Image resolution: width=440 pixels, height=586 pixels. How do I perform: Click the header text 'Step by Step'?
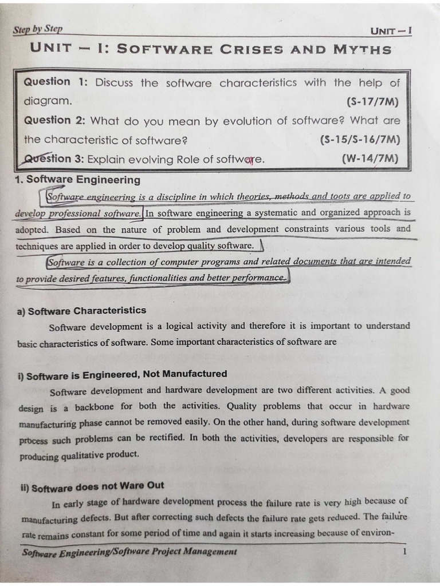click(38, 29)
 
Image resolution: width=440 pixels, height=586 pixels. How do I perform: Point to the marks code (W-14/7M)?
click(370, 159)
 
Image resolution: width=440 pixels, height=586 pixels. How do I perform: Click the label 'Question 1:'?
click(56, 82)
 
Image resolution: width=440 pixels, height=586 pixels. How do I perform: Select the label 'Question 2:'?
click(54, 120)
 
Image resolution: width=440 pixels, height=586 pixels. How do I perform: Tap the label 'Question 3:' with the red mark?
click(56, 159)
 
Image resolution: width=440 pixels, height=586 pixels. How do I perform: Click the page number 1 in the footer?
click(404, 552)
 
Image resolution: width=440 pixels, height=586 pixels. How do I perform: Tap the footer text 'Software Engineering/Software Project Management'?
click(129, 552)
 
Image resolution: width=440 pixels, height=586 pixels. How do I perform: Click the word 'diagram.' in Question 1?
click(48, 101)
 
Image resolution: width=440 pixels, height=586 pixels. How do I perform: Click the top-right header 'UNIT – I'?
click(391, 30)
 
